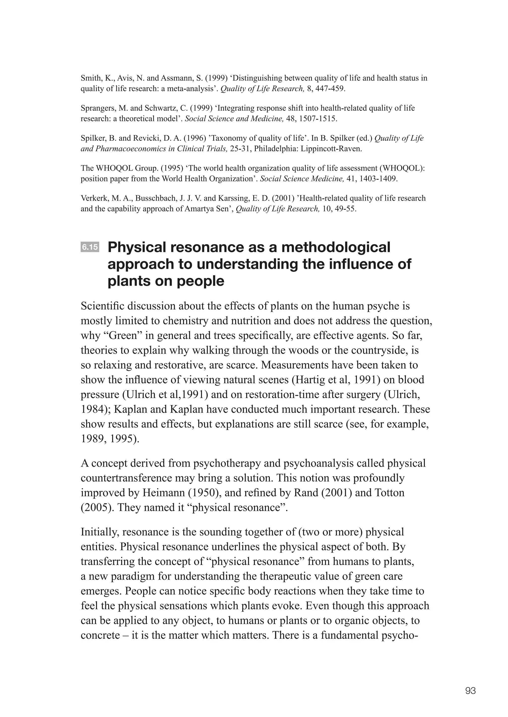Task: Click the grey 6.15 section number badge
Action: pos(90,247)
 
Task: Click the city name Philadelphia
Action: pos(276,149)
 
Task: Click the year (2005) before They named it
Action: pos(97,507)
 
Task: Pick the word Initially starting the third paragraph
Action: pos(99,532)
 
